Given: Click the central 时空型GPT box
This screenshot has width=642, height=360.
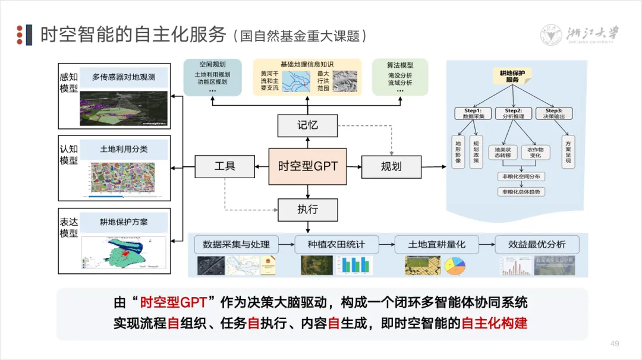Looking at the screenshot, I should click(307, 166).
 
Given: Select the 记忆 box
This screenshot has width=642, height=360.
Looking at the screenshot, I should click(307, 125).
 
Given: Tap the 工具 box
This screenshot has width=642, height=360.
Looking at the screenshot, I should click(225, 166).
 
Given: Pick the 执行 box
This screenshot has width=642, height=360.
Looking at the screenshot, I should click(307, 209).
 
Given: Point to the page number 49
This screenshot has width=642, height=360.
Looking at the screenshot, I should click(615, 343).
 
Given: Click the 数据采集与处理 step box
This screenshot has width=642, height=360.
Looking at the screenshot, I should click(236, 244).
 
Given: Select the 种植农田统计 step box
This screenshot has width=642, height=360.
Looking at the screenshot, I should click(336, 244).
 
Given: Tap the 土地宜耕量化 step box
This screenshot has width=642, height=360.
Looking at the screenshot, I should click(436, 244).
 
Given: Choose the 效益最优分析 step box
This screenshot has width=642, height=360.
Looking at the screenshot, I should click(537, 244).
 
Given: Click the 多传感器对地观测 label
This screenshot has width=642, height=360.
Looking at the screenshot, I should click(124, 77).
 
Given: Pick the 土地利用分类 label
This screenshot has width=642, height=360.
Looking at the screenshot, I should click(124, 149).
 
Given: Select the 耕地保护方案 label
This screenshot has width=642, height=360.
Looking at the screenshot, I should click(124, 222).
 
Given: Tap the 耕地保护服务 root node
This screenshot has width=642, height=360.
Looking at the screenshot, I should click(512, 75).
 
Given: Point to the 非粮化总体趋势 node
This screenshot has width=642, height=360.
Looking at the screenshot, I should click(521, 192).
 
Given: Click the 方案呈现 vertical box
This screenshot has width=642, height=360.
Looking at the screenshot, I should click(568, 151).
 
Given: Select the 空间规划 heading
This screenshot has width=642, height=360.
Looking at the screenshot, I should click(212, 64).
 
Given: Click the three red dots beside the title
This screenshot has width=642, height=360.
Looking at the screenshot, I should click(21, 35).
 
